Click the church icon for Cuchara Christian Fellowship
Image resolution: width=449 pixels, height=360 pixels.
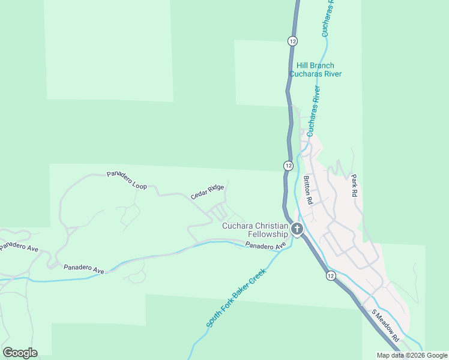point(297,229)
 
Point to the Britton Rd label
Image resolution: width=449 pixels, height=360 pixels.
point(308,191)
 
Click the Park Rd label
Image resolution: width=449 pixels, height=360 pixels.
point(354,186)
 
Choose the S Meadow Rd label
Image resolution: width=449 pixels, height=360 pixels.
point(385,326)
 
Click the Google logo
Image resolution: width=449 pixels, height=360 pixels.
point(20,353)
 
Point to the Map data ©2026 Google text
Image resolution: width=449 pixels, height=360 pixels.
point(412,355)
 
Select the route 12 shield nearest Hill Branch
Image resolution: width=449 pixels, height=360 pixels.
point(292,41)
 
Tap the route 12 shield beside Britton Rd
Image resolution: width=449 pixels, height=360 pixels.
point(289,165)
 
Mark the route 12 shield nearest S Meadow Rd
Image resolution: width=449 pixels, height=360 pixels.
point(331,275)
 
